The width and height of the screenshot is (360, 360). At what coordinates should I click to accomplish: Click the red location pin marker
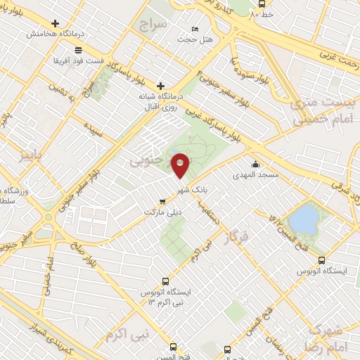180,165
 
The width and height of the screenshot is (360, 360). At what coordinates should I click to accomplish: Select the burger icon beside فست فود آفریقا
77,49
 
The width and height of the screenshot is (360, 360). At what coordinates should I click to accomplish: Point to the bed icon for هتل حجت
195,29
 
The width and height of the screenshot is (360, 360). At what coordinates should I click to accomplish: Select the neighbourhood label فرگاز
236,238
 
